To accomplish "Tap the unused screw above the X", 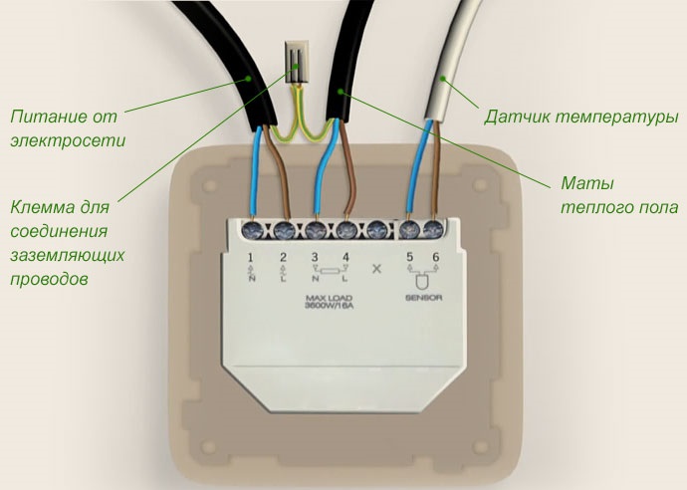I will click(x=376, y=230).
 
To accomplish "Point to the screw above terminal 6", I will click(x=434, y=230).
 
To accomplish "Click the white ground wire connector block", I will click(x=296, y=62).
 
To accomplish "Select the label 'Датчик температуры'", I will click(x=580, y=118).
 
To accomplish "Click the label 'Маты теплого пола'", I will click(x=612, y=196).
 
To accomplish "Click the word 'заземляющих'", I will click(x=68, y=256).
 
